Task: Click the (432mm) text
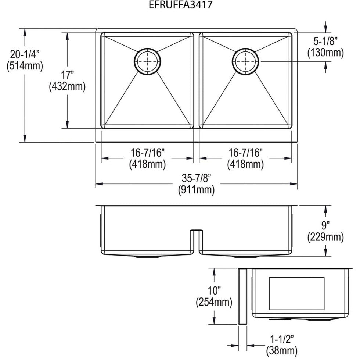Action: (x=68, y=87)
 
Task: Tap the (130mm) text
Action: (x=325, y=53)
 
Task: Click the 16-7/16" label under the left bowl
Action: (x=147, y=152)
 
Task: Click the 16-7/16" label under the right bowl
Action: (x=245, y=152)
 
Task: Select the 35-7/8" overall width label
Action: (x=196, y=179)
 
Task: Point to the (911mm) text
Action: (x=196, y=190)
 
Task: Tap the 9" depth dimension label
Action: (x=325, y=224)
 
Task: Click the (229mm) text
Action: (x=325, y=237)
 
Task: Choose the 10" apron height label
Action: (x=213, y=291)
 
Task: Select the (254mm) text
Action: (x=213, y=303)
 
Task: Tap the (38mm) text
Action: (x=282, y=350)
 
